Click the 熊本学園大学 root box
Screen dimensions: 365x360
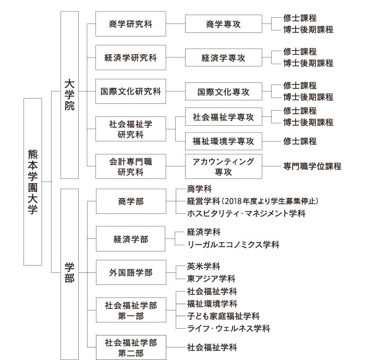[x=33, y=182]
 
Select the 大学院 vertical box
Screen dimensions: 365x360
[x=69, y=95]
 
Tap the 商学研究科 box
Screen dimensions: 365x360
[x=130, y=24]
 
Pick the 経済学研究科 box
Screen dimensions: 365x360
[x=130, y=57]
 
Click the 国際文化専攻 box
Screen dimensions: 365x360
[x=224, y=91]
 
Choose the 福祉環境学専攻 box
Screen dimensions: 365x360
[x=224, y=141]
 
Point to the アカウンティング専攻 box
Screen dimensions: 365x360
[x=224, y=166]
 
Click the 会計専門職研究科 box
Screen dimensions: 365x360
[x=130, y=166]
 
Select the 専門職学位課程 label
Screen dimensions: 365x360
[x=312, y=166]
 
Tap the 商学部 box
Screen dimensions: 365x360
[x=131, y=201]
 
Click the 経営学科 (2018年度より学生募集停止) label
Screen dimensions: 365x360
[x=252, y=201]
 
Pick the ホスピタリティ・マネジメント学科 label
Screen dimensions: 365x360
[x=246, y=213]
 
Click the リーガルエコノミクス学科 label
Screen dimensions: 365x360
[x=233, y=245]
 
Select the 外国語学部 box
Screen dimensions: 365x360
[x=131, y=272]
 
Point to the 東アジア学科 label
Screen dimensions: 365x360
[x=211, y=279]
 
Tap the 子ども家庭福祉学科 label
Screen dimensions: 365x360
[x=223, y=316]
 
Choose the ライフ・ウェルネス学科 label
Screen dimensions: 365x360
[x=228, y=328]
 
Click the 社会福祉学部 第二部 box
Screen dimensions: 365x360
[x=131, y=347]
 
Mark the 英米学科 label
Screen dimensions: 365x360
[x=203, y=266]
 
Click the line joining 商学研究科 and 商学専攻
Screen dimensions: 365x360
[x=176, y=24]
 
